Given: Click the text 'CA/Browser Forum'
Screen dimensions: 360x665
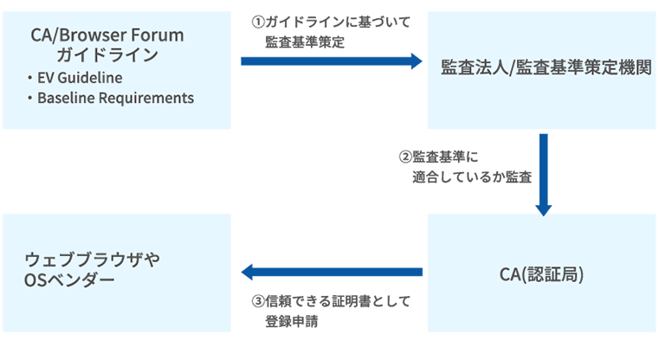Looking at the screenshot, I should coord(107,35).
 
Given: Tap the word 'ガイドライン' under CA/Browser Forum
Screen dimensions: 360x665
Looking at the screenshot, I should coord(107,55).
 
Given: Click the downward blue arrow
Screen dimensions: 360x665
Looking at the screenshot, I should coord(544,173).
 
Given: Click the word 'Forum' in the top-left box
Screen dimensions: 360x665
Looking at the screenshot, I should coord(162,35).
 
